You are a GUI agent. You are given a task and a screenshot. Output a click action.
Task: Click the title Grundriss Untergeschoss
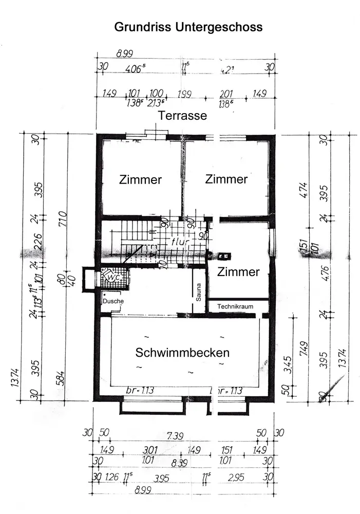click(x=188, y=27)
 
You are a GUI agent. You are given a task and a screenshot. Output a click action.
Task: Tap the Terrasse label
click(x=182, y=116)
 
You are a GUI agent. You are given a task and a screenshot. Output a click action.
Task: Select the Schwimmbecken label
click(x=182, y=353)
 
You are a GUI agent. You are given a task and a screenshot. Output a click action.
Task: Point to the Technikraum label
click(x=235, y=306)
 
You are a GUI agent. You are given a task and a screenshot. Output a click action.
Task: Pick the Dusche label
click(x=113, y=301)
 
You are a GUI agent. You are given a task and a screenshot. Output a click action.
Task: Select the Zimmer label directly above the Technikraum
click(x=238, y=272)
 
